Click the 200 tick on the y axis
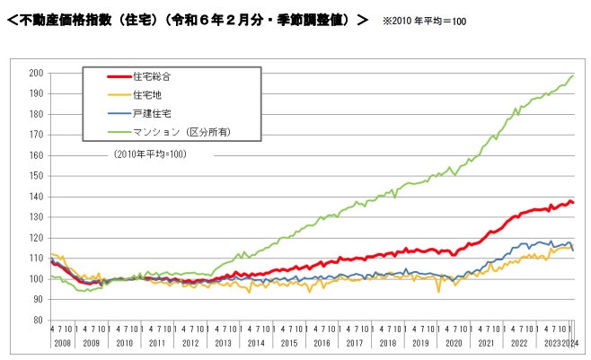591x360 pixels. click(x=37, y=73)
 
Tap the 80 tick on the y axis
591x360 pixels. click(x=40, y=320)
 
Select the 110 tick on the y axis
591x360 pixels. click(x=37, y=258)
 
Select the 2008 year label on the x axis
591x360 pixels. click(x=61, y=342)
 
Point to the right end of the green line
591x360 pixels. click(x=574, y=75)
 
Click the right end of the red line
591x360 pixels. click(x=574, y=203)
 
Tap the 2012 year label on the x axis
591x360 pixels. click(x=190, y=342)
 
